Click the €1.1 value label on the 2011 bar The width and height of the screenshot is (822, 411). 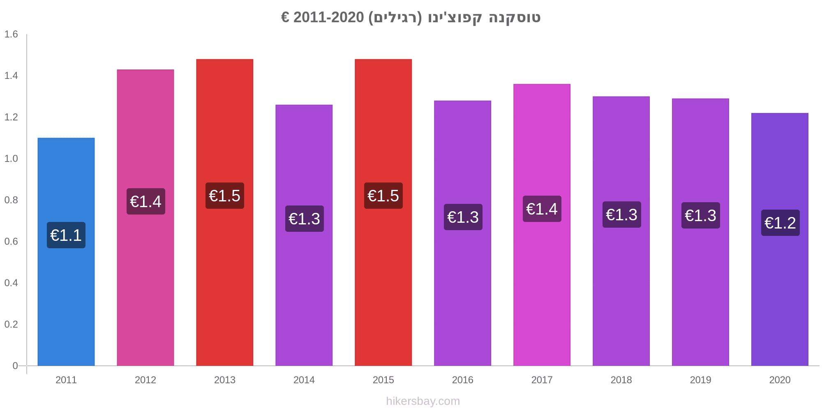[66, 235]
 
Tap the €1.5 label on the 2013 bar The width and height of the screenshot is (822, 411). [224, 196]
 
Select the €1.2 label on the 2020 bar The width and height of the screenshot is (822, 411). [780, 223]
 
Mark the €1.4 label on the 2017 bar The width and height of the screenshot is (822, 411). [542, 209]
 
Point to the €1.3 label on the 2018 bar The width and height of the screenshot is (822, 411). [621, 215]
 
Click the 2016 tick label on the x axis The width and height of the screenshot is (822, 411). [462, 380]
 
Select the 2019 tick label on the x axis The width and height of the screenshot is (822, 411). [700, 380]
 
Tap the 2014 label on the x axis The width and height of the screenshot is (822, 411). [304, 380]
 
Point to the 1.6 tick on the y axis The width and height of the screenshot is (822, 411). [11, 34]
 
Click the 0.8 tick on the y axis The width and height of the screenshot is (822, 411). [11, 200]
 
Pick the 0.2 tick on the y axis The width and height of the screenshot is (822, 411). [11, 324]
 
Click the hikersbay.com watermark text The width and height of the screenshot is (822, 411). [423, 401]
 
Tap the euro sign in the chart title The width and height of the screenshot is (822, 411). [285, 18]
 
